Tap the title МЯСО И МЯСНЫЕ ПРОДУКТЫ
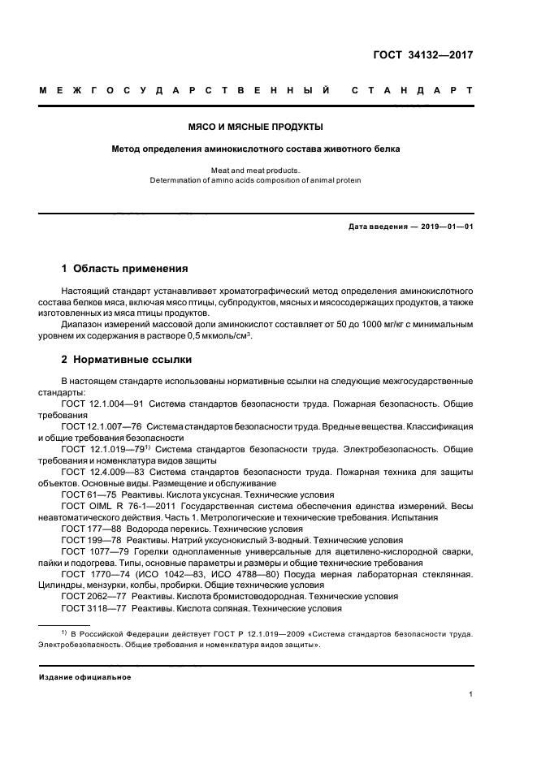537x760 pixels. pos(256,127)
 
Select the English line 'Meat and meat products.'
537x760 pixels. pos(256,171)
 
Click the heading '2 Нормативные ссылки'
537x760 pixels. pos(128,359)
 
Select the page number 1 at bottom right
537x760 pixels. pos(471,694)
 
